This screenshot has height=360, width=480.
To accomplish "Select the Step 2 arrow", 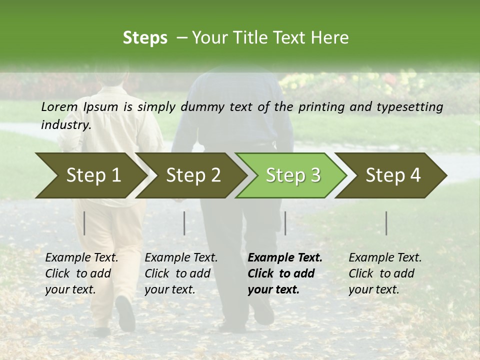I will (192, 175).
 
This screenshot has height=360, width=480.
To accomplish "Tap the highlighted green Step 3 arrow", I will (292, 175).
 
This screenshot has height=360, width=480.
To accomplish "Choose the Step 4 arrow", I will (392, 175).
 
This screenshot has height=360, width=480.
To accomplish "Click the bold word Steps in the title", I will (145, 37).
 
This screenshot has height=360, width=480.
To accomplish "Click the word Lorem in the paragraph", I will (59, 106).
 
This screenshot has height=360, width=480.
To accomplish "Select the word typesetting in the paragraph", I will (413, 106).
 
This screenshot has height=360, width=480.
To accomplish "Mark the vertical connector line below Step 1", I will (84, 223).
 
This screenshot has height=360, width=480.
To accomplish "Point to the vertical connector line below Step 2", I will (184, 223).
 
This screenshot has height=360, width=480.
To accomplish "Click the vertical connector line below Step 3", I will (285, 223).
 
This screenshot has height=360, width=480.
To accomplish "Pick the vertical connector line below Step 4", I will (386, 223).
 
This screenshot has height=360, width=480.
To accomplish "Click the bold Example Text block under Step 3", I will (285, 273).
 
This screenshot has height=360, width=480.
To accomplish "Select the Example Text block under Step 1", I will (81, 273).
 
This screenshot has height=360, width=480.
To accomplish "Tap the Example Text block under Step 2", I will (181, 273).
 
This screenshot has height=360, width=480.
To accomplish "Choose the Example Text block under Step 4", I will (385, 273).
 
